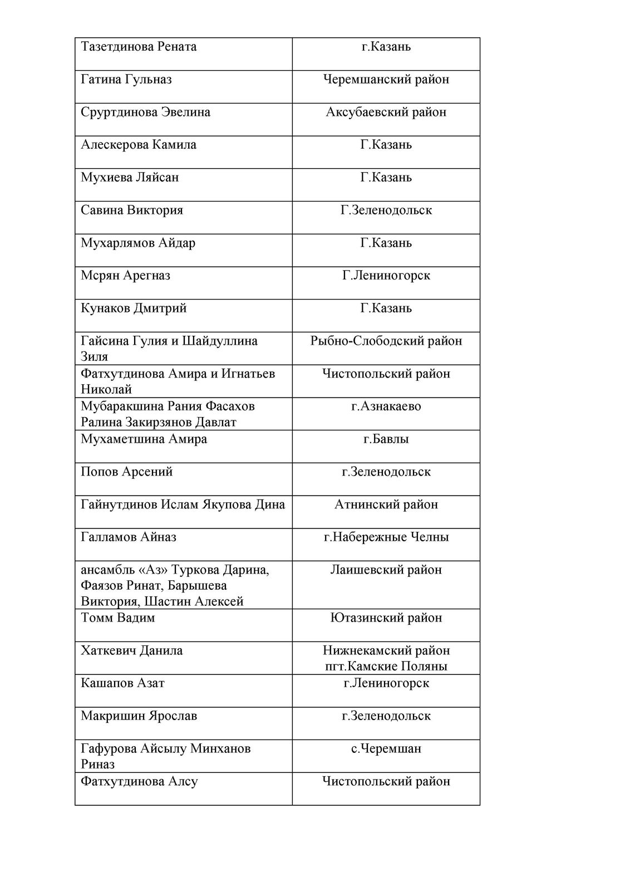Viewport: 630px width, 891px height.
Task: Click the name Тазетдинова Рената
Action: click(x=139, y=47)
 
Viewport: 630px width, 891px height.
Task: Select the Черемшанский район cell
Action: click(x=386, y=80)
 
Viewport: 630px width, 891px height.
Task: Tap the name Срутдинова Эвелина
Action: click(x=145, y=112)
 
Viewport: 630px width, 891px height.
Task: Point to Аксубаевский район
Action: click(x=386, y=112)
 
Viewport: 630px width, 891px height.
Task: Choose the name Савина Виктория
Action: click(x=131, y=210)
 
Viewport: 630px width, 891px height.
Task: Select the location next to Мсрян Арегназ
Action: click(x=386, y=276)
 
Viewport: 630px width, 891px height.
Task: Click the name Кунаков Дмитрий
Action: click(x=134, y=309)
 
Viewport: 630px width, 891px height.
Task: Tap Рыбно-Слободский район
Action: click(x=386, y=341)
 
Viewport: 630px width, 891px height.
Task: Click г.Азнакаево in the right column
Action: click(x=386, y=407)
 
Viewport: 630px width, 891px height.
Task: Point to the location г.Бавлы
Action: click(x=386, y=439)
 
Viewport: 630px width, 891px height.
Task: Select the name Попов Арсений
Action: click(x=126, y=472)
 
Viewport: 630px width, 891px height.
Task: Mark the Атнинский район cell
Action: click(x=386, y=505)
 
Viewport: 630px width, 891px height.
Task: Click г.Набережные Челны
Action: click(x=386, y=537)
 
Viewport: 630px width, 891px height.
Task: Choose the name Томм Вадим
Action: click(x=117, y=618)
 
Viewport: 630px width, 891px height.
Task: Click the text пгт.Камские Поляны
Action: click(x=386, y=667)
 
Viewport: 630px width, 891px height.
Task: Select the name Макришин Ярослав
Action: click(x=139, y=716)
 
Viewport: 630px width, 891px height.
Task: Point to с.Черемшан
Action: click(x=386, y=749)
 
